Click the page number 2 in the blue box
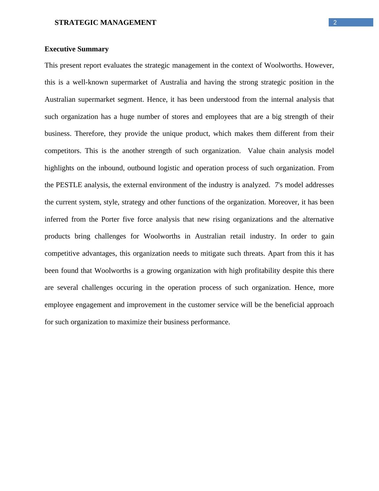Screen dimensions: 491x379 (335, 22)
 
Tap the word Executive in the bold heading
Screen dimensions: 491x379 (60, 49)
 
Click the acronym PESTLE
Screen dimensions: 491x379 (69, 185)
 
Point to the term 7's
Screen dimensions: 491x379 (279, 185)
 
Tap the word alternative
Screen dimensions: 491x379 (318, 219)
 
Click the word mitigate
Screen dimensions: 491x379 (213, 253)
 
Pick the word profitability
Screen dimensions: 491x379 (254, 271)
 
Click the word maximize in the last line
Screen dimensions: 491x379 (132, 322)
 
